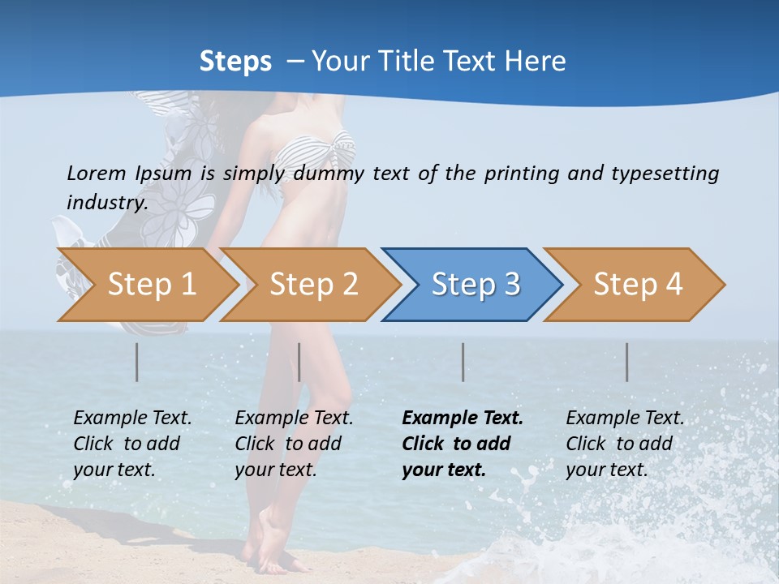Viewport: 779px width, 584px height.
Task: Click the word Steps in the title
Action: (235, 62)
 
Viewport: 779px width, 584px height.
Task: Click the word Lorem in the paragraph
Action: (96, 173)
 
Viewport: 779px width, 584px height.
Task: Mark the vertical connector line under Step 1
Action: (137, 362)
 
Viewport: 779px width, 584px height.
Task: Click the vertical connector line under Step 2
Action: (299, 362)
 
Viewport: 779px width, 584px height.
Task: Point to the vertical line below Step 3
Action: (463, 362)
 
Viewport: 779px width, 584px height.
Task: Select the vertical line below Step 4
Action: (627, 362)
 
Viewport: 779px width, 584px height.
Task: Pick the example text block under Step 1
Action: (132, 444)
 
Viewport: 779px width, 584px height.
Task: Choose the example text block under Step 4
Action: (625, 444)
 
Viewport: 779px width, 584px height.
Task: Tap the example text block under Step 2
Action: (294, 444)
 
